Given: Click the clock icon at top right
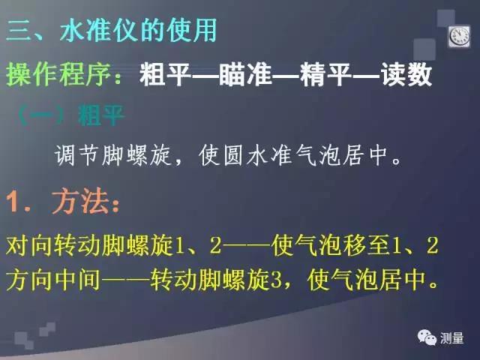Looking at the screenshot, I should (458, 35).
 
